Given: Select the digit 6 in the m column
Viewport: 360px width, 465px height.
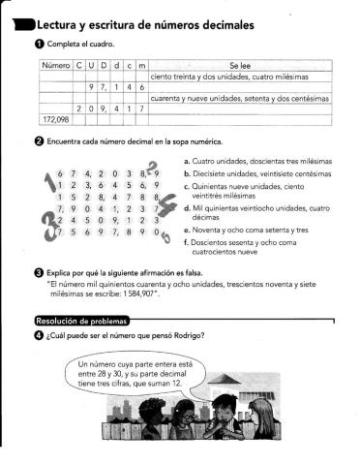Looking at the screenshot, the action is [142, 85].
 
